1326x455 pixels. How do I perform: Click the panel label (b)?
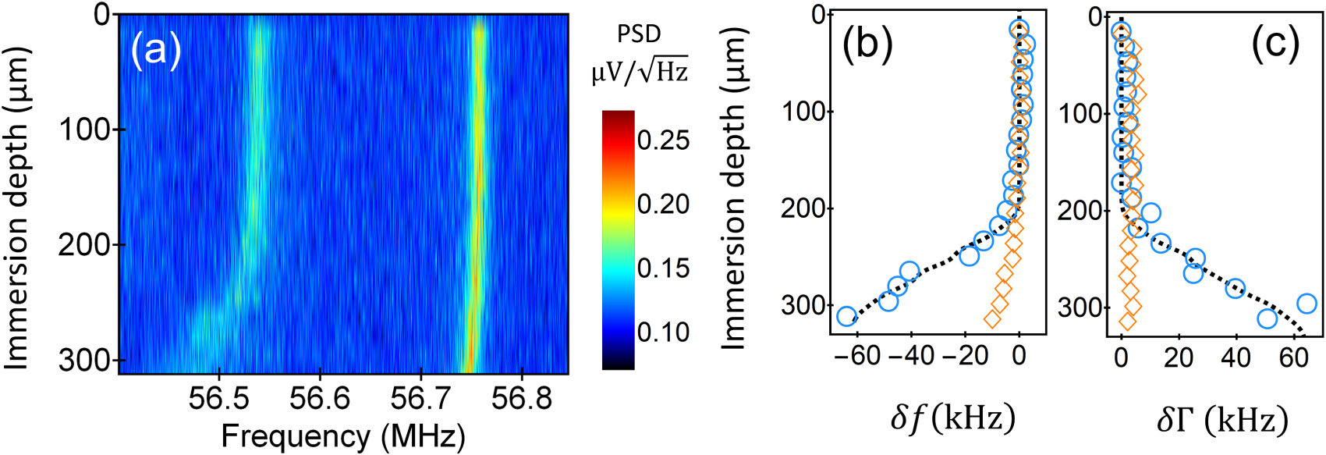pos(867,44)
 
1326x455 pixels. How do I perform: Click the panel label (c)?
pos(1275,44)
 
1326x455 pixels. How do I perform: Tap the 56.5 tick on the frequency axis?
pos(219,399)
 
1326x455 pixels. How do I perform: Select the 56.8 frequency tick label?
pos(522,399)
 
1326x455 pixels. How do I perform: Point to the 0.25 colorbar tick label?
pos(663,140)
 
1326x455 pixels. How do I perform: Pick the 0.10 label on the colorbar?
pos(663,332)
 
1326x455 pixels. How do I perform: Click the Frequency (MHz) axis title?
pos(343,436)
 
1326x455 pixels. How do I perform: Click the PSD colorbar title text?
pos(639,34)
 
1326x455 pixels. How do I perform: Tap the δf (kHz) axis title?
pos(952,419)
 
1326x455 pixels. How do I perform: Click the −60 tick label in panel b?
pos(854,356)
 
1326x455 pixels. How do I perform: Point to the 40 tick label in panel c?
pos(1236,357)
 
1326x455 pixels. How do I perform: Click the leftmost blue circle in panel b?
pos(846,316)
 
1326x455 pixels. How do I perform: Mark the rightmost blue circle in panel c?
pos(1306,304)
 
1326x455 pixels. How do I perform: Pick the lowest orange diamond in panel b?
pos(992,318)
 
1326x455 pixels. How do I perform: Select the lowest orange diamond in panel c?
pos(1127,321)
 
